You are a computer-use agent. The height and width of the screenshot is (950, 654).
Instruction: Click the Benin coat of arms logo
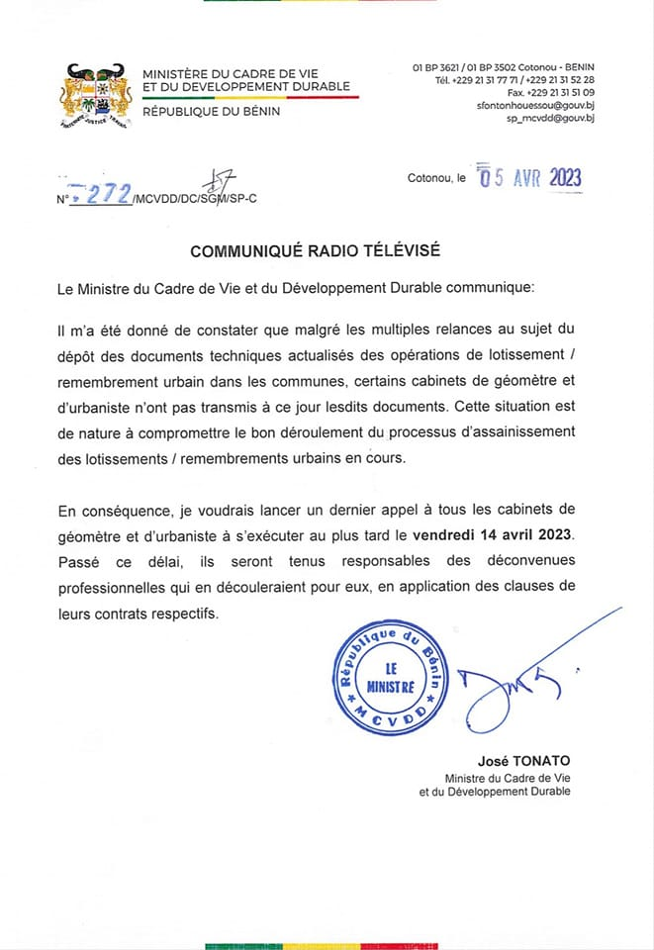point(97,96)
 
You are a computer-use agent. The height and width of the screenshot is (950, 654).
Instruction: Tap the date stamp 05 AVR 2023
point(529,177)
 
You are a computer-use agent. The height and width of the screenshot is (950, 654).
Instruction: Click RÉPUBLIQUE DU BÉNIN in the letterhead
point(212,111)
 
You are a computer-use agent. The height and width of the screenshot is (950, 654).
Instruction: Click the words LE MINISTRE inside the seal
point(390,678)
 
